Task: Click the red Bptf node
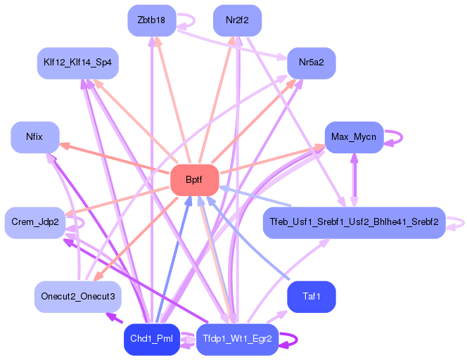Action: pos(193,181)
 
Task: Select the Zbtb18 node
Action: pos(151,20)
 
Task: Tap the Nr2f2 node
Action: pos(238,20)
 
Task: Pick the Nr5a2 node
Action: pos(311,63)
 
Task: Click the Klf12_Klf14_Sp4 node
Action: pos(78,63)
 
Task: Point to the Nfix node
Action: pos(34,136)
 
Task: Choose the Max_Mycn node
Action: pos(354,136)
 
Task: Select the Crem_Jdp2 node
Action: pos(34,222)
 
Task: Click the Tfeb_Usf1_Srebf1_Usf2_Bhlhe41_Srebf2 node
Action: pos(354,222)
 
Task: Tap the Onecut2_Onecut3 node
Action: pos(78,296)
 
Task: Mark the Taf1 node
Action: pos(311,296)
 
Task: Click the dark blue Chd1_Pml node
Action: pos(151,340)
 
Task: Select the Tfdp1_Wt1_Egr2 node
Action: pos(238,340)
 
